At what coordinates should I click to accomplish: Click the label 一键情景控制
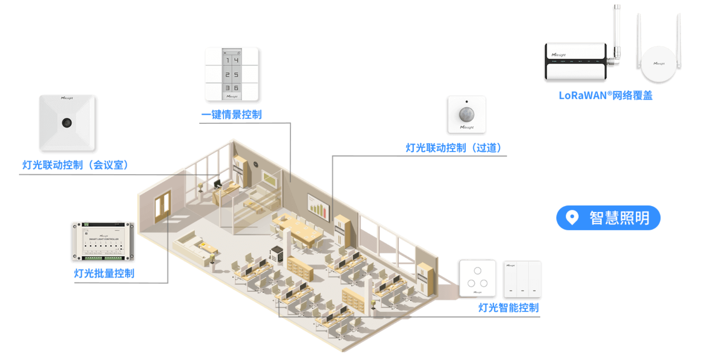231,115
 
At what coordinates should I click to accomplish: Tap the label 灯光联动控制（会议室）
75,165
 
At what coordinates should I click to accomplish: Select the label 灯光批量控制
104,273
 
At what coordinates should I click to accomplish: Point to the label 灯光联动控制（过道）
453,148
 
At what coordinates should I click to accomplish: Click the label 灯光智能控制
508,308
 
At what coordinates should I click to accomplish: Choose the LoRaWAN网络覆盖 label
606,96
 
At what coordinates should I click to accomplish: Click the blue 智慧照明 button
608,218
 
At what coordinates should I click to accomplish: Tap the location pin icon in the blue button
572,217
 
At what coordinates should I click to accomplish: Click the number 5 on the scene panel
236,75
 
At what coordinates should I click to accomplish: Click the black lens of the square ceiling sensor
67,123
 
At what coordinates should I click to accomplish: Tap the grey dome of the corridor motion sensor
467,115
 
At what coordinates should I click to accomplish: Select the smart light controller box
103,241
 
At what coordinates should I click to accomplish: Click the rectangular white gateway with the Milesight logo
575,62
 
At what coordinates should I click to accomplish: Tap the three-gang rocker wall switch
522,279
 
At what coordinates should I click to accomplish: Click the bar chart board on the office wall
318,207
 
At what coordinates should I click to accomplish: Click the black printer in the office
277,254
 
